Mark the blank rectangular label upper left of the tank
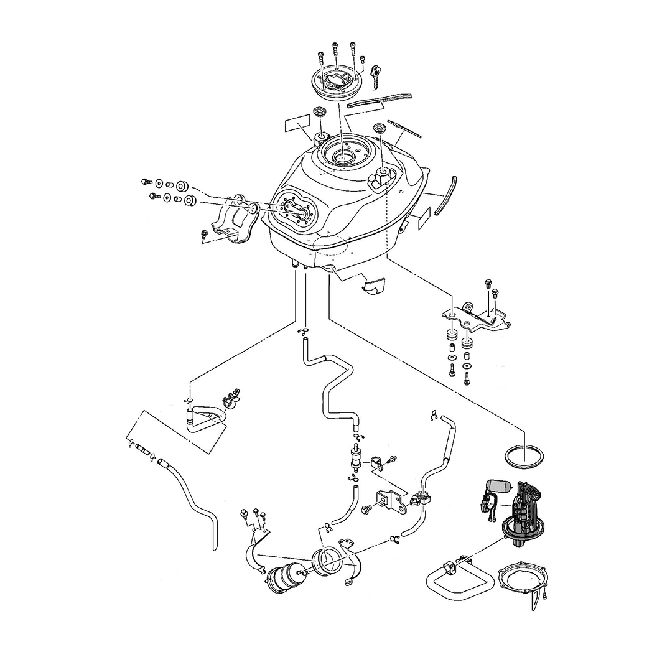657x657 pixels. pyautogui.click(x=298, y=123)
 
